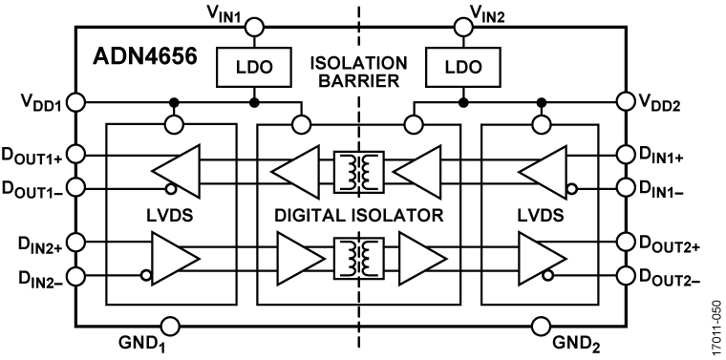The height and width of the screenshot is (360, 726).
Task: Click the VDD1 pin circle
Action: tap(77, 102)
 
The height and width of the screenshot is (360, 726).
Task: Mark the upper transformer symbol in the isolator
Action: tap(359, 172)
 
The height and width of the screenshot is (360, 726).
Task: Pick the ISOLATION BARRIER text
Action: tap(359, 71)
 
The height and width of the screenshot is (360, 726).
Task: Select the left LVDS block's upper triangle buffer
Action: tap(180, 172)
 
